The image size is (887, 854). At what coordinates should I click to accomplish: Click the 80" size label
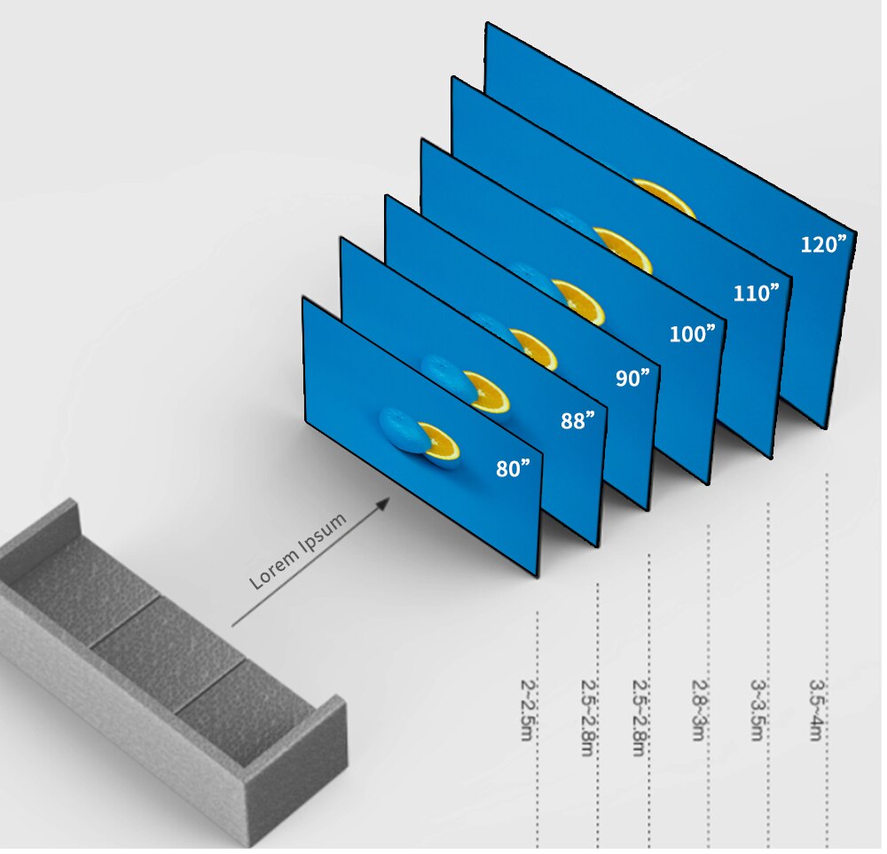518,468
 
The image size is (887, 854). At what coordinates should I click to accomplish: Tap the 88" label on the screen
577,420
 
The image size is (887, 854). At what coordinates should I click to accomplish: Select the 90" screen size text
632,378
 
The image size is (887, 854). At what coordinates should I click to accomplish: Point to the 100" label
692,334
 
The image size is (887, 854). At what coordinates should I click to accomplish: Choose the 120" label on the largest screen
824,244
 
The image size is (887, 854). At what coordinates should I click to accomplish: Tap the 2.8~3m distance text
700,710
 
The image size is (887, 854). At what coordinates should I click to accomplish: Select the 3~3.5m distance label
759,710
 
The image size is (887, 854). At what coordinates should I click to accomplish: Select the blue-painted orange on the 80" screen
400,429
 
